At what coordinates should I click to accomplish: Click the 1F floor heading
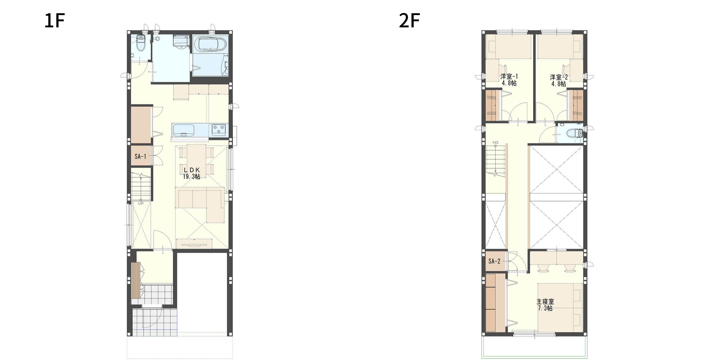click(54, 21)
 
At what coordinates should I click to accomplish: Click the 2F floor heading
click(409, 21)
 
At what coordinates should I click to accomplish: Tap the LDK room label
click(192, 170)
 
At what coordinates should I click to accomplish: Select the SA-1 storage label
click(140, 157)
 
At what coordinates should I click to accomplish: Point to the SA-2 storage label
click(494, 261)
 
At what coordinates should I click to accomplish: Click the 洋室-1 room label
click(509, 77)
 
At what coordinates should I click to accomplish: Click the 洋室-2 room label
click(559, 77)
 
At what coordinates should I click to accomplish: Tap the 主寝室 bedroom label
click(545, 302)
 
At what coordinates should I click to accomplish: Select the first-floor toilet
click(141, 43)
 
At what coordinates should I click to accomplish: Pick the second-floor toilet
click(575, 133)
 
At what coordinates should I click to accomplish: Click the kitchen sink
click(183, 130)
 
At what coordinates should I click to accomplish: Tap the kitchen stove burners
click(219, 130)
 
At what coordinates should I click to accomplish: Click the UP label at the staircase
click(141, 203)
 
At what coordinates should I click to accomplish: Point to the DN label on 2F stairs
click(496, 143)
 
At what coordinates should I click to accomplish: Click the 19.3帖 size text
click(192, 176)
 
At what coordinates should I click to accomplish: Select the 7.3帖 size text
click(545, 308)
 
